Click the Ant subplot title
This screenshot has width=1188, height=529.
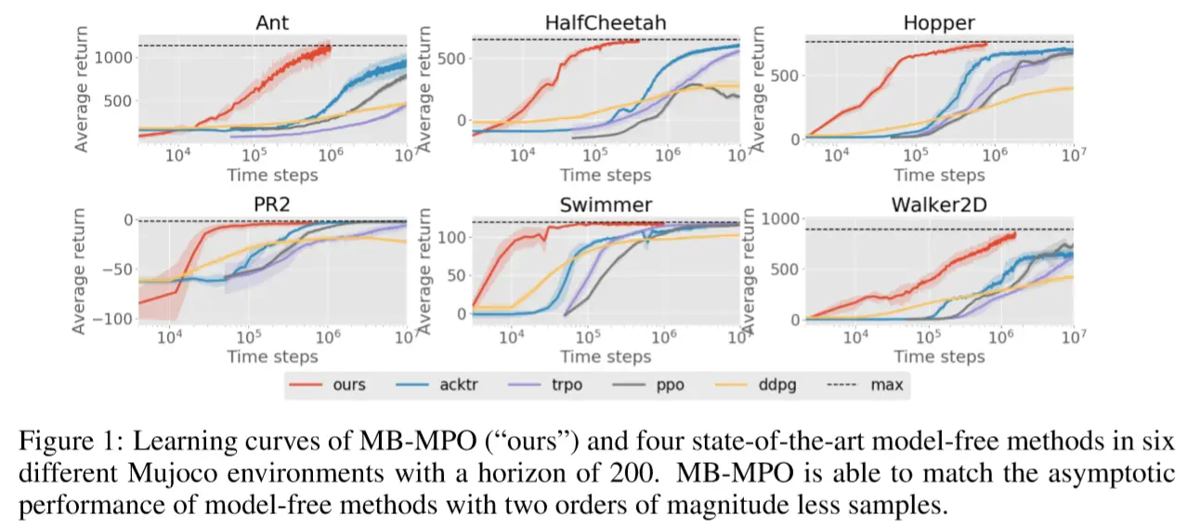(272, 24)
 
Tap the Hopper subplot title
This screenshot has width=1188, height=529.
(939, 24)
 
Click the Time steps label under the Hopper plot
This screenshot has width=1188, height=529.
(939, 174)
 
